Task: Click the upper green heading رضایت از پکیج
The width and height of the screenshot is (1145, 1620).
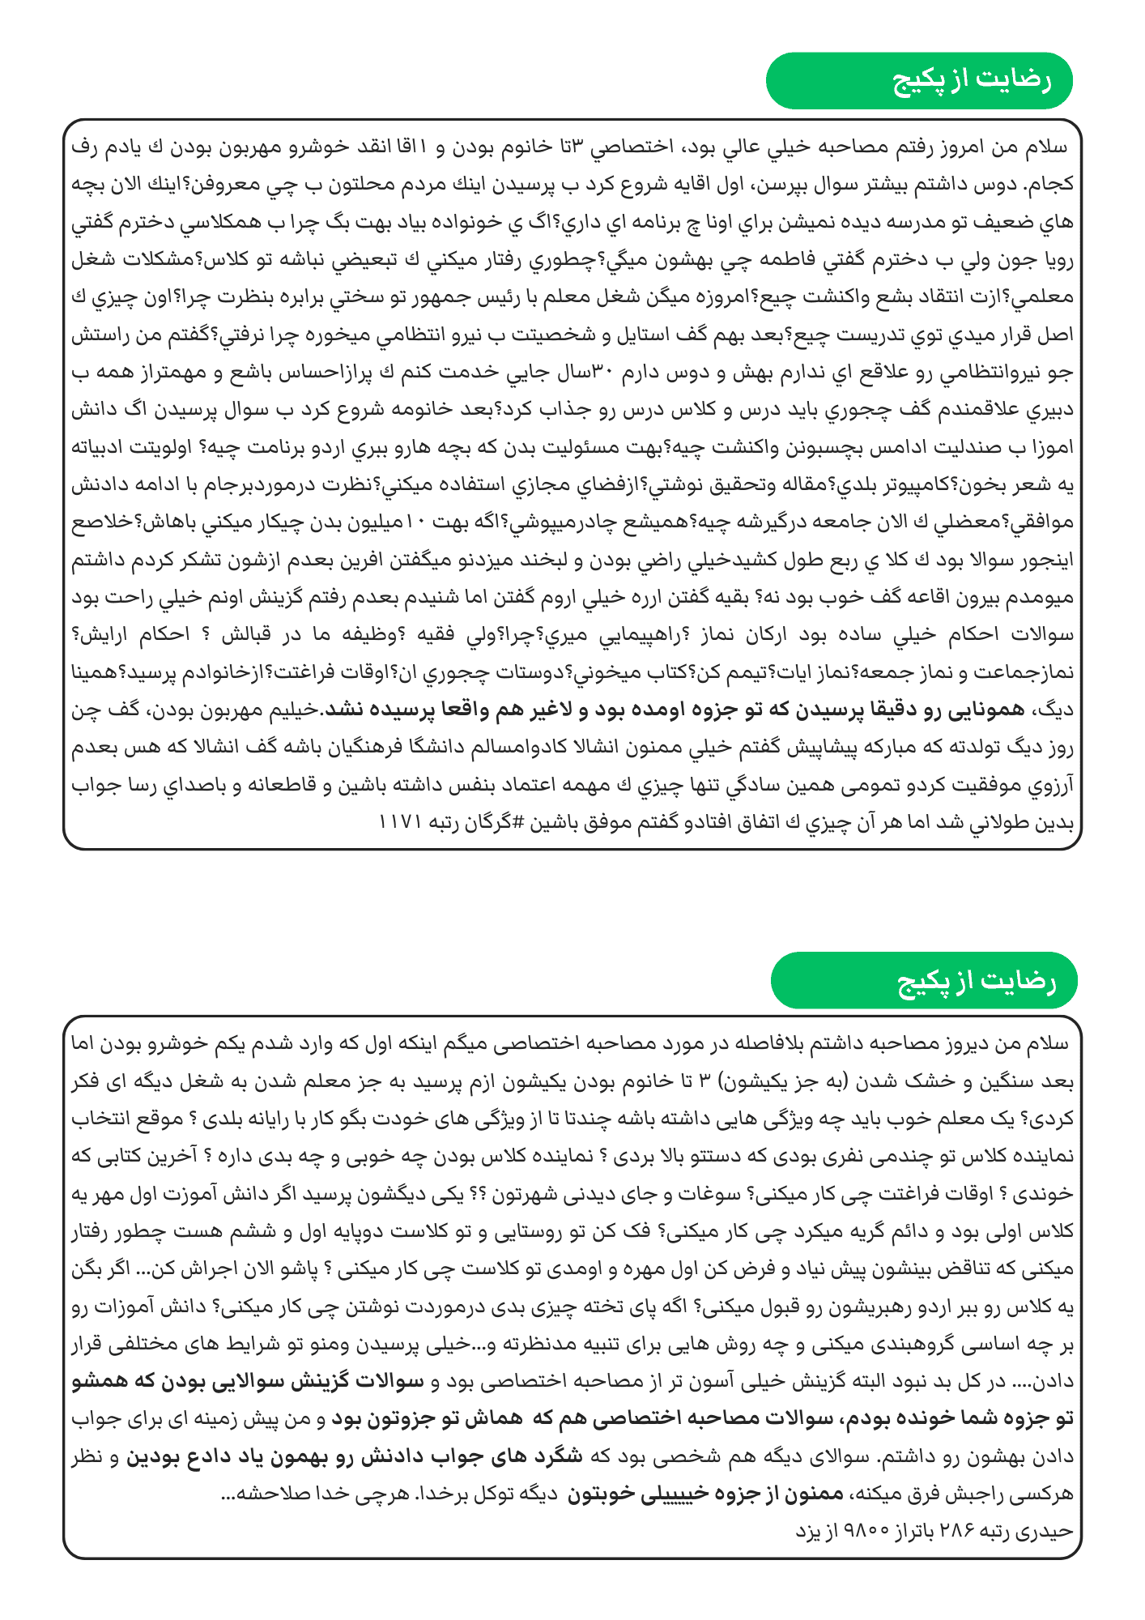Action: click(919, 81)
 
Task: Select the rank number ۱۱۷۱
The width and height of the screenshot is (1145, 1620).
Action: click(400, 821)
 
